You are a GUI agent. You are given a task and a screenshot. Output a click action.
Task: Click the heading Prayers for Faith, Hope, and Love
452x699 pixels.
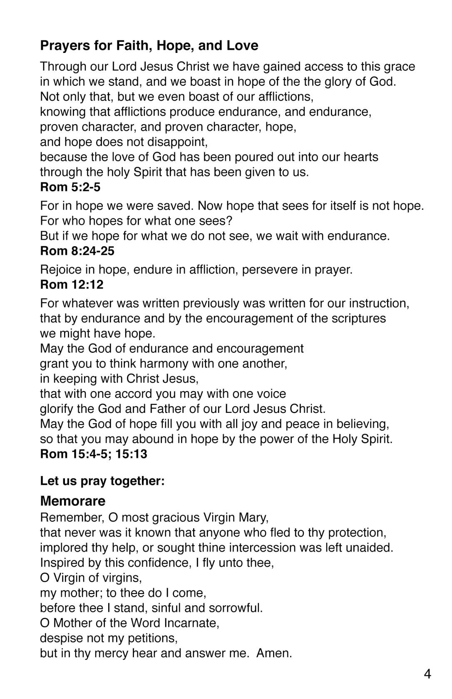tap(149, 45)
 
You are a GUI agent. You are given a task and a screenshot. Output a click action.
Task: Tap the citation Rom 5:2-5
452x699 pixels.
tap(70, 187)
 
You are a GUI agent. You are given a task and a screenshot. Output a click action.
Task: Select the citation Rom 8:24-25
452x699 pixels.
tap(77, 251)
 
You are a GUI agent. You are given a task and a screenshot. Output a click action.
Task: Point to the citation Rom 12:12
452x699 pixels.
tap(72, 285)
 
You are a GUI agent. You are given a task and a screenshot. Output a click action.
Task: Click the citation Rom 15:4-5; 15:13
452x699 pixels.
tap(94, 454)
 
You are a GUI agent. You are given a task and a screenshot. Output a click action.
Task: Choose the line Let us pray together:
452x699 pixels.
tap(102, 481)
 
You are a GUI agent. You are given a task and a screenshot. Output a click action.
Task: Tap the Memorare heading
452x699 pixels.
tap(73, 501)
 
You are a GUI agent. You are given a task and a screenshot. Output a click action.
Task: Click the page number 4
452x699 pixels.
tap(427, 674)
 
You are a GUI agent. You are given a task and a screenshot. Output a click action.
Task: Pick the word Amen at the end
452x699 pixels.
tap(274, 653)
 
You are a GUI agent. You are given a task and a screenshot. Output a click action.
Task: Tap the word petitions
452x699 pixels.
tap(149, 638)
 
